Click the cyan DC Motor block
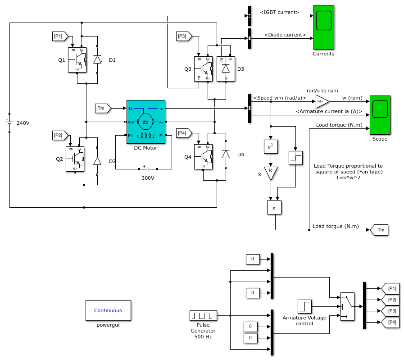coord(146,122)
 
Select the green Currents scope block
coord(324,27)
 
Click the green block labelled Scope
coord(380,115)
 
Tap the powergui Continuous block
coord(108,310)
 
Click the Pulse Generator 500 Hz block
coord(203,315)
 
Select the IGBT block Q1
coord(77,60)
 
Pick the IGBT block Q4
coord(203,157)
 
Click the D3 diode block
coord(226,69)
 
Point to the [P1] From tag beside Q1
coord(60,36)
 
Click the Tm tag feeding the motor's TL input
coord(103,108)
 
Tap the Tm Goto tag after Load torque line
coord(379,230)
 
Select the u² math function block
coord(271,146)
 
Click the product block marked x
coord(274,207)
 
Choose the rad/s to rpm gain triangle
coord(322,101)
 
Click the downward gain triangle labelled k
coord(271,173)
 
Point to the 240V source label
coord(23,123)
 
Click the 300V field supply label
coord(148,178)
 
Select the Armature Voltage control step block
coord(304,306)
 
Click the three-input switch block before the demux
coord(347,306)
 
